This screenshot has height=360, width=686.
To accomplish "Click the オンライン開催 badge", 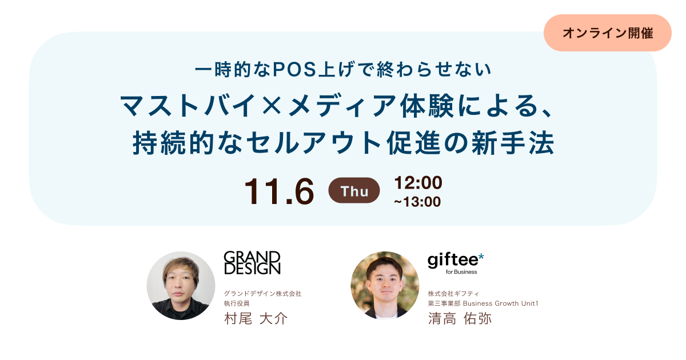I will pyautogui.click(x=607, y=33).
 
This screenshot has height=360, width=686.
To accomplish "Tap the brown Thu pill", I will pyautogui.click(x=354, y=191).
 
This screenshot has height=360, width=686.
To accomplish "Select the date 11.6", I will pyautogui.click(x=279, y=191).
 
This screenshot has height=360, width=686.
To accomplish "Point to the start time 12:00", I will pyautogui.click(x=418, y=183).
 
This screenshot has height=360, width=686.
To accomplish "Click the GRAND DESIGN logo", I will pyautogui.click(x=252, y=262).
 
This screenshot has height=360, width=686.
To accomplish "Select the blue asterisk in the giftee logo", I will pyautogui.click(x=481, y=258).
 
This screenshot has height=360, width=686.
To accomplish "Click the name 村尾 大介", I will pyautogui.click(x=256, y=318).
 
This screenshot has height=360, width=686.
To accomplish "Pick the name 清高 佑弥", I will pyautogui.click(x=460, y=318).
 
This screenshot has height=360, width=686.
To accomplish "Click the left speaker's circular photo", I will pyautogui.click(x=181, y=286).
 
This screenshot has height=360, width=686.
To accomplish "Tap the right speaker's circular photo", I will pyautogui.click(x=385, y=286).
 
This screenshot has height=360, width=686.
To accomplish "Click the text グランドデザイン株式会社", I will pyautogui.click(x=262, y=294).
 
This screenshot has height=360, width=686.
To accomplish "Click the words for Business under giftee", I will pyautogui.click(x=461, y=272).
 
